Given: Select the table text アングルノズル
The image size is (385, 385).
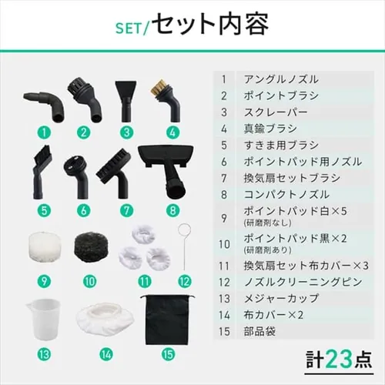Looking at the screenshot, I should point(280,79).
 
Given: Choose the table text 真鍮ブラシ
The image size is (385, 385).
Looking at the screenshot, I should point(269,129).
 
